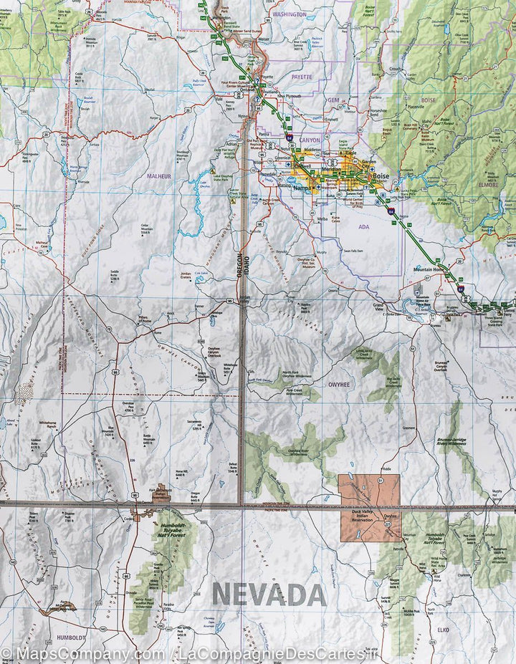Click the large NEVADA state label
point(269,594)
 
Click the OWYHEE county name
point(339,384)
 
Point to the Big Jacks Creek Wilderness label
point(393,379)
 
